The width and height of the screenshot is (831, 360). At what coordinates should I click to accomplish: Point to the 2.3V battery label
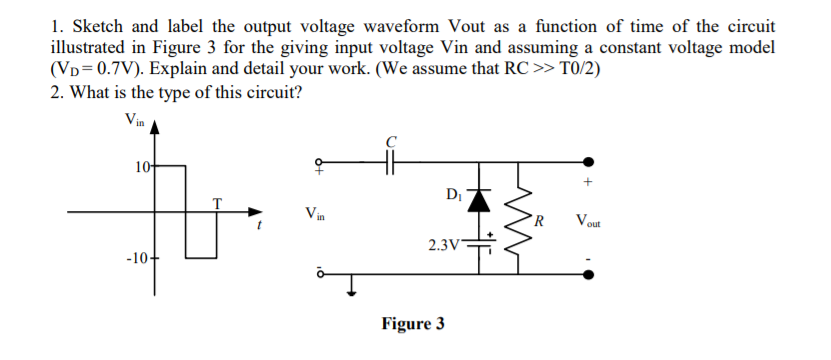tap(443, 243)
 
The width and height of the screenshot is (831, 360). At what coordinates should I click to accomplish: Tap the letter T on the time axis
tap(215, 202)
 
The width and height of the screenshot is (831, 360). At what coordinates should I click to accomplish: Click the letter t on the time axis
tap(258, 225)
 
